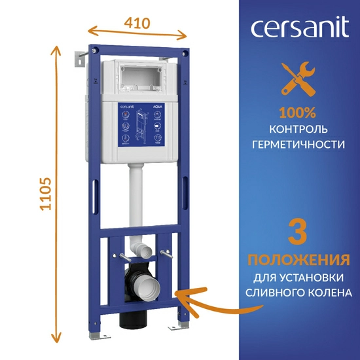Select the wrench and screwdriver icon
coord(297,79)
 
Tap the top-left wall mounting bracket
coord(80,58)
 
